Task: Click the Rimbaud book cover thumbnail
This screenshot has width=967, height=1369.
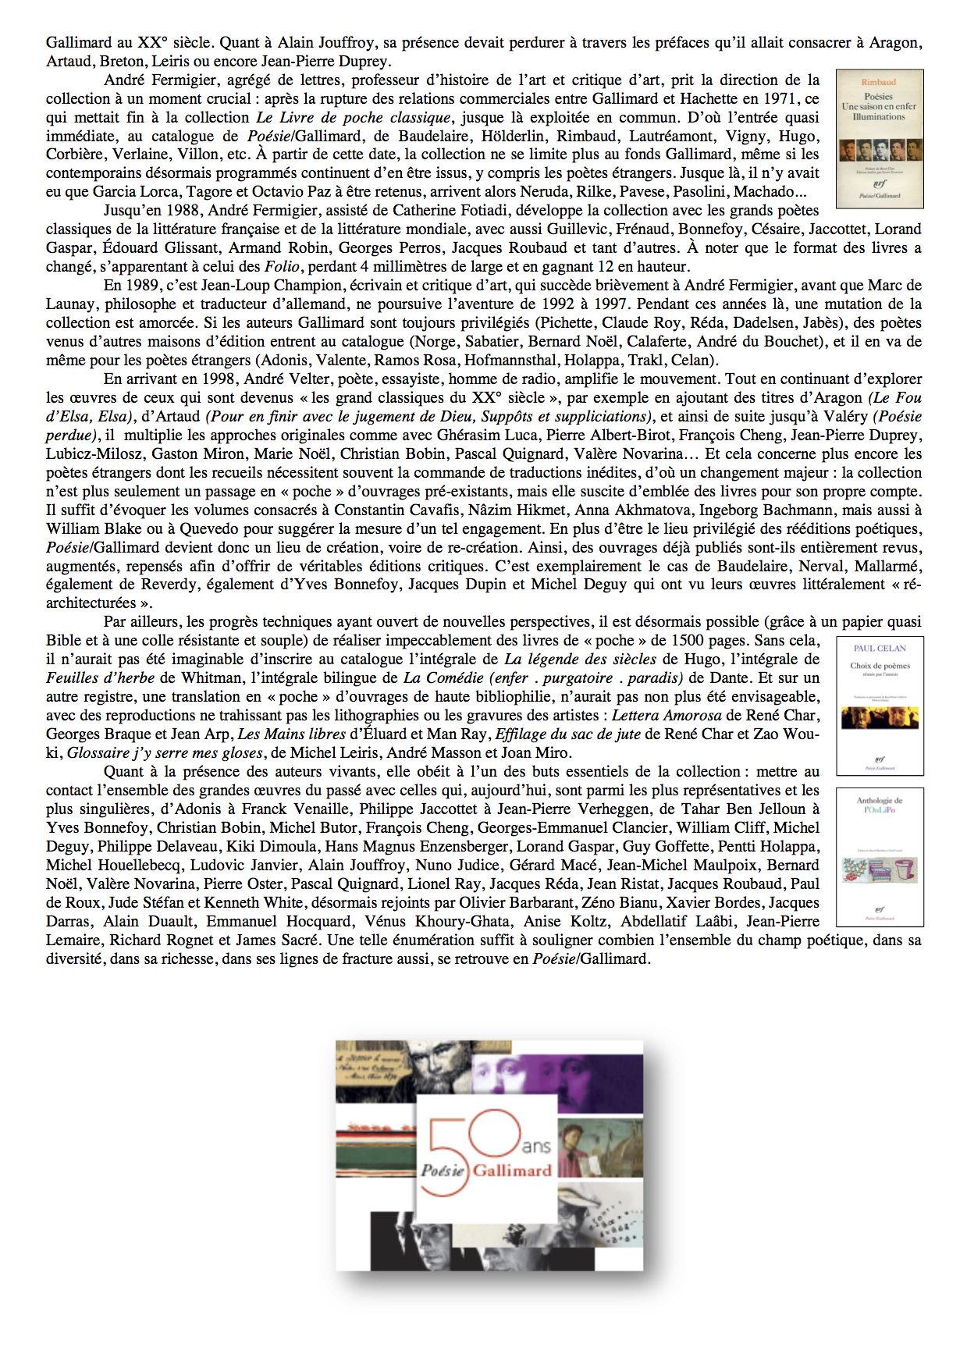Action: tap(880, 139)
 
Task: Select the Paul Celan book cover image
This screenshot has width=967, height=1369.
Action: tap(880, 706)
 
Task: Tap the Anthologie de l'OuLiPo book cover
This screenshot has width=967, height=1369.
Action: tap(880, 857)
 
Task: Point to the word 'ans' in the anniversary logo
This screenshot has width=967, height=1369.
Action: tap(536, 1146)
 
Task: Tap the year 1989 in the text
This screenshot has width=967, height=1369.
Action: tap(142, 285)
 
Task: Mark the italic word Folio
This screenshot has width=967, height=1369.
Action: tap(282, 266)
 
